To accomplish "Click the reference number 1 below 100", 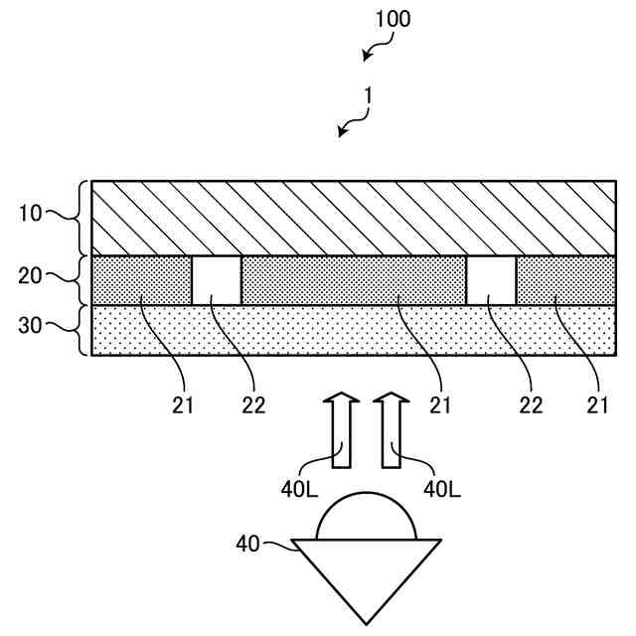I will pyautogui.click(x=368, y=95).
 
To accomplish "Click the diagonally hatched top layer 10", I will pyautogui.click(x=353, y=218).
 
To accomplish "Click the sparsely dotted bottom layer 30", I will pyautogui.click(x=353, y=330).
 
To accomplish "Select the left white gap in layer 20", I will pyautogui.click(x=217, y=280).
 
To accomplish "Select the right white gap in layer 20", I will pyautogui.click(x=491, y=280).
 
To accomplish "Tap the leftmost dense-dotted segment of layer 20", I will pyautogui.click(x=141, y=280).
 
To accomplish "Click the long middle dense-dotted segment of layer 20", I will pyautogui.click(x=353, y=280).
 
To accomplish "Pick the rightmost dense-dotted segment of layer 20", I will pyautogui.click(x=564, y=280).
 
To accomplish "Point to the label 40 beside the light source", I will pyautogui.click(x=248, y=544).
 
